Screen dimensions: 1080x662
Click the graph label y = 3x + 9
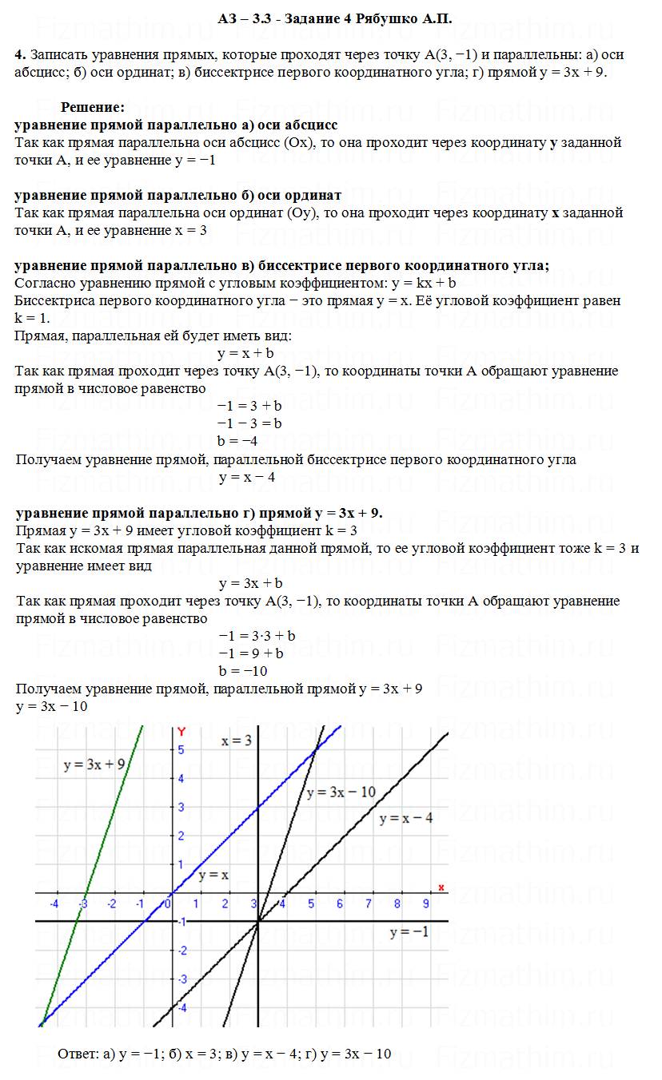click(x=94, y=764)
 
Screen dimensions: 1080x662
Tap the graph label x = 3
click(x=237, y=741)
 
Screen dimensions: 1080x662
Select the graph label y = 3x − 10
click(x=341, y=792)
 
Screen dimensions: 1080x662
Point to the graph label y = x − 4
click(x=406, y=818)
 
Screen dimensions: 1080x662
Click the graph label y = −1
click(x=409, y=932)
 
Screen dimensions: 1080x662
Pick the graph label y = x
click(x=213, y=875)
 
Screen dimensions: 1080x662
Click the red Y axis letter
click(x=182, y=731)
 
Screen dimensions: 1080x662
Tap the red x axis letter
click(x=441, y=887)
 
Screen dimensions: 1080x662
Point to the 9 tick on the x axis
click(x=425, y=903)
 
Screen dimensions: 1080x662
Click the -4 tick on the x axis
click(x=54, y=903)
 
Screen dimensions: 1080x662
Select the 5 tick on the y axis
click(x=181, y=749)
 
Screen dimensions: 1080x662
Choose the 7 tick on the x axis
click(x=368, y=903)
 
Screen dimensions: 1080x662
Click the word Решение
click(x=93, y=106)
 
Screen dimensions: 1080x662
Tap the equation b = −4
click(x=237, y=440)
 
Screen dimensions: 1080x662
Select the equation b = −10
click(x=243, y=670)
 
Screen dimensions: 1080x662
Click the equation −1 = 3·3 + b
click(x=257, y=636)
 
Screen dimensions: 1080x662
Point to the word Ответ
click(x=78, y=1054)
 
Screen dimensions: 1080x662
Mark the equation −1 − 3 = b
click(x=249, y=423)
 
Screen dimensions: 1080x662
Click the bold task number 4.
click(x=20, y=55)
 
